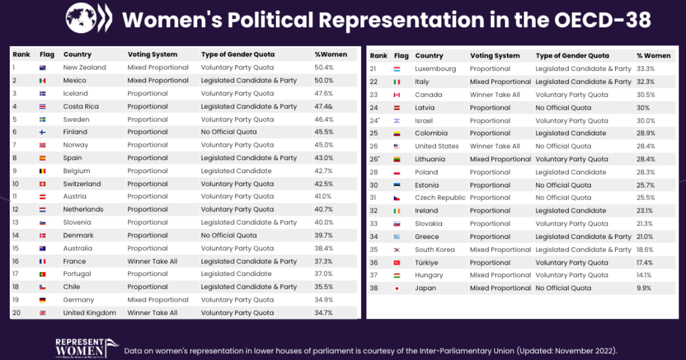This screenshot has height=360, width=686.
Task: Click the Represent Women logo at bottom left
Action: click(x=79, y=347)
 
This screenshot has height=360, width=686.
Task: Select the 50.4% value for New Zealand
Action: click(x=324, y=67)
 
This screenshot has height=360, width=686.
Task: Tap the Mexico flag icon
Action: click(x=42, y=81)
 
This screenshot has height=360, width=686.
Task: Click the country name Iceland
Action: click(x=75, y=93)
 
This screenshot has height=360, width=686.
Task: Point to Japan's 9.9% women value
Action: click(x=644, y=288)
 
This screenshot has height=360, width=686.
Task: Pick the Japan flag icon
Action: click(x=396, y=288)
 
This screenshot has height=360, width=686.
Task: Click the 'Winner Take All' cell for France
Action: click(x=152, y=261)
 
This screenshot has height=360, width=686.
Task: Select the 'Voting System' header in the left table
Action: click(x=152, y=54)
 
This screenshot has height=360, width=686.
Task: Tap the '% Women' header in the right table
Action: click(x=653, y=55)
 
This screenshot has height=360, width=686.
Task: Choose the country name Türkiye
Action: click(x=426, y=262)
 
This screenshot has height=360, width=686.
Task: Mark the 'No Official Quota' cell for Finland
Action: click(x=229, y=132)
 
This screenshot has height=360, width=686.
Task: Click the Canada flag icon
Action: click(x=396, y=95)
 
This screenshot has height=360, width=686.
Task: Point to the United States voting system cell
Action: click(x=494, y=146)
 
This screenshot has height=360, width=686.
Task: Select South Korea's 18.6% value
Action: click(x=646, y=250)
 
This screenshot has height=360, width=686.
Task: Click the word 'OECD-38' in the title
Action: click(x=603, y=21)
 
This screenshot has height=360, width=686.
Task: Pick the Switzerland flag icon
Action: click(x=42, y=184)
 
